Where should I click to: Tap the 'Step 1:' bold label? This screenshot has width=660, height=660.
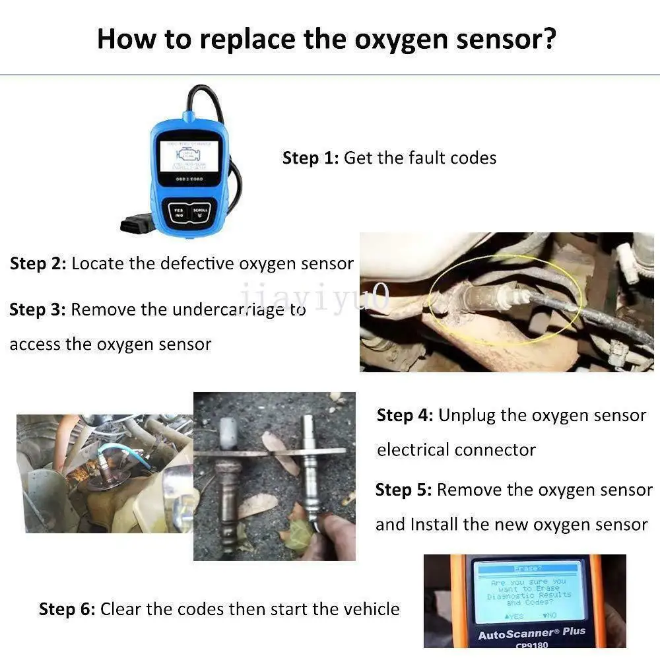(x=310, y=158)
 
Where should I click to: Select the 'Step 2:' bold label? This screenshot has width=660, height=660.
(x=38, y=264)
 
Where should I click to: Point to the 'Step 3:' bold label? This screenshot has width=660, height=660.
(x=37, y=310)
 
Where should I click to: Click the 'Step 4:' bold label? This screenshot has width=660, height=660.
(x=405, y=416)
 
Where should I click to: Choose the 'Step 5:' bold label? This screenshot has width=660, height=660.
(x=403, y=490)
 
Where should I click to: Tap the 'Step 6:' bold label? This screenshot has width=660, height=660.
(x=67, y=609)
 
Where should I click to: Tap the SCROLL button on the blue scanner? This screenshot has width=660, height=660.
(x=200, y=213)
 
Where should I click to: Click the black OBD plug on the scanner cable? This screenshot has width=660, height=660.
(x=137, y=224)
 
